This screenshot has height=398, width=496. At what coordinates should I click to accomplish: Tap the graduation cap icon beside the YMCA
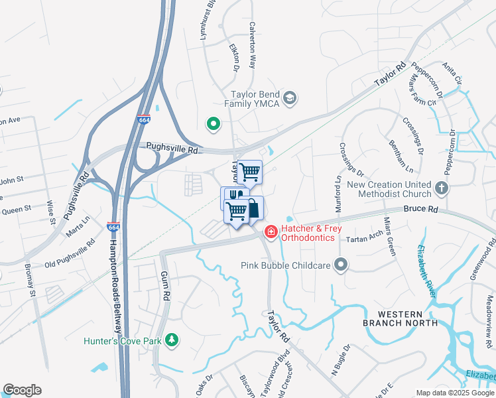289,99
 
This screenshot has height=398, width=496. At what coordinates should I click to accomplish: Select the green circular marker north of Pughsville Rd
214,123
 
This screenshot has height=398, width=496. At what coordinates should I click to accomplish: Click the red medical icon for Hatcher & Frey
271,232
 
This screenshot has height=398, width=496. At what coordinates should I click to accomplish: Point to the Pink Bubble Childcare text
285,265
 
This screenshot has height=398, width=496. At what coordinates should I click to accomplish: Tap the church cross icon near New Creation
442,188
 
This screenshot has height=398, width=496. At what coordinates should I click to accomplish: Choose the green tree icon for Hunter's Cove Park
172,341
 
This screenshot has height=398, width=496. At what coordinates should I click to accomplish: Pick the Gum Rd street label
166,286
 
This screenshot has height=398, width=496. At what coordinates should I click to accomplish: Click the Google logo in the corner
22,390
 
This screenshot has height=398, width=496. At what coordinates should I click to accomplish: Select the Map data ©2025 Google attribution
454,393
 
